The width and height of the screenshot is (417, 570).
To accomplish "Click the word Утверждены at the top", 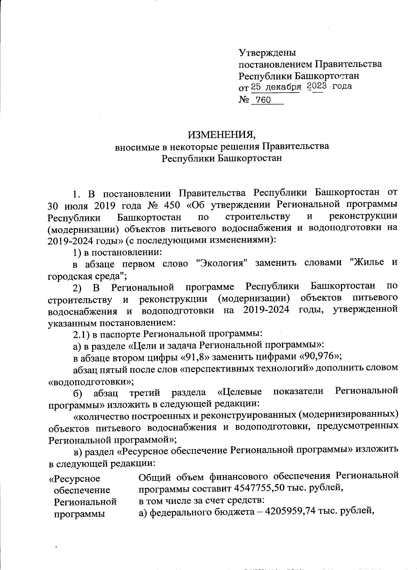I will [267, 53].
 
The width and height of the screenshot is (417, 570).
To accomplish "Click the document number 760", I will [263, 101].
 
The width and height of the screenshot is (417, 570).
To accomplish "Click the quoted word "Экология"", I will [221, 263].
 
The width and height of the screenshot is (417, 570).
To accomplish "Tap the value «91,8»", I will [197, 356].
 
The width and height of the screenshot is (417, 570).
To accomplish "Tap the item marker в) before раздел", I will [79, 451].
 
